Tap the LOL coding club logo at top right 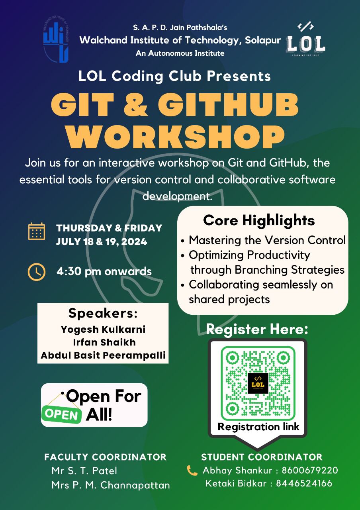pyautogui.click(x=305, y=40)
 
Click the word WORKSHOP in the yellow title pyautogui.click(x=175, y=137)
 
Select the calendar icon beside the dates pyautogui.click(x=36, y=231)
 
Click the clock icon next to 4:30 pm pyautogui.click(x=36, y=272)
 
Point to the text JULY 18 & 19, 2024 pyautogui.click(x=102, y=241)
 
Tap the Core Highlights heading pyautogui.click(x=259, y=220)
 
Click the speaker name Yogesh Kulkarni pyautogui.click(x=103, y=330)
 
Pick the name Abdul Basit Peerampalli pyautogui.click(x=103, y=355)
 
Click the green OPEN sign pyautogui.click(x=62, y=414)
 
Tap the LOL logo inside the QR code pyautogui.click(x=258, y=383)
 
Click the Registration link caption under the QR pyautogui.click(x=258, y=427)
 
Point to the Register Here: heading pyautogui.click(x=257, y=329)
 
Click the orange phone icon pyautogui.click(x=192, y=471)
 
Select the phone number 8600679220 pyautogui.click(x=310, y=471)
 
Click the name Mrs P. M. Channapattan pyautogui.click(x=111, y=485)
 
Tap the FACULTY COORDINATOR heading pyautogui.click(x=106, y=457)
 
